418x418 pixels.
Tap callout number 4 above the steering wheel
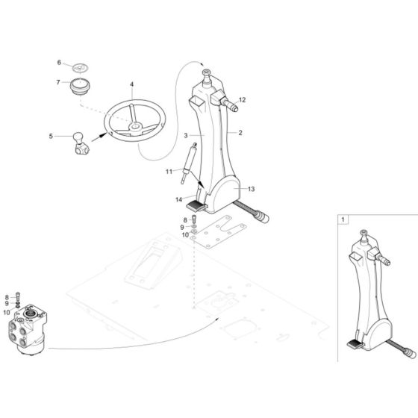tap(132, 85)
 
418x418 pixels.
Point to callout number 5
tap(52, 136)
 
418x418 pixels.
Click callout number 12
tap(243, 99)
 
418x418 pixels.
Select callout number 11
tap(168, 172)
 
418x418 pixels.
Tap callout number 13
tap(251, 190)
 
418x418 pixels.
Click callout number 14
tap(179, 199)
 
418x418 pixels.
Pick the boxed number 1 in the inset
tap(343, 220)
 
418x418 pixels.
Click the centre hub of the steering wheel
tap(134, 128)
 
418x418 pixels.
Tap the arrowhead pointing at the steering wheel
tap(97, 137)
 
